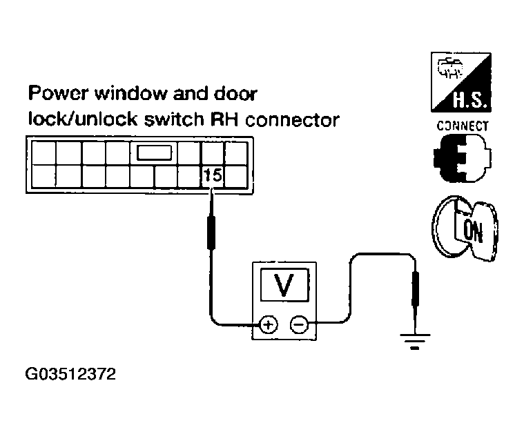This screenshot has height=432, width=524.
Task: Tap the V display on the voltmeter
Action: click(283, 285)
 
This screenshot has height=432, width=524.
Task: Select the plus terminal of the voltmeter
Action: click(269, 322)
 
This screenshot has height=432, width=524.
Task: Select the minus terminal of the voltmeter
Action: click(299, 322)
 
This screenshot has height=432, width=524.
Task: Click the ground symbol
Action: click(414, 340)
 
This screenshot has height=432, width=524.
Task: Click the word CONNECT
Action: click(463, 126)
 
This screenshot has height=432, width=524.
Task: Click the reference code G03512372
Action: click(70, 376)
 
